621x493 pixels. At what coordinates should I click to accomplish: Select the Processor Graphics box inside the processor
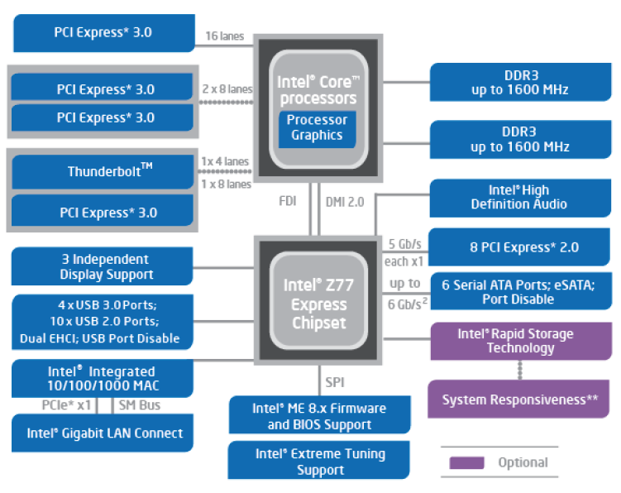click(318, 127)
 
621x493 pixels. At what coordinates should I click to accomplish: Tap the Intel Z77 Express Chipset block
click(317, 304)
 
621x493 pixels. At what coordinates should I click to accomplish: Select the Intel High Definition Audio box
click(519, 197)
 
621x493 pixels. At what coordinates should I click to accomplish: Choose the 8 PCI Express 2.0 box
click(519, 247)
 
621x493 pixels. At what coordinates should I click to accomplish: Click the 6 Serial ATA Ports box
click(519, 291)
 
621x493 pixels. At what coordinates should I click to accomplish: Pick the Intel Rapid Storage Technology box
click(519, 341)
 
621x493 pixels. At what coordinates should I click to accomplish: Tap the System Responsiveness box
click(519, 400)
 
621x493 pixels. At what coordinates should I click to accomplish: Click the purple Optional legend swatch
click(466, 463)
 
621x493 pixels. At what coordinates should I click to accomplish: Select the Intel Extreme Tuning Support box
click(320, 462)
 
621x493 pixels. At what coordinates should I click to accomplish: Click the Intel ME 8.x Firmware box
click(319, 416)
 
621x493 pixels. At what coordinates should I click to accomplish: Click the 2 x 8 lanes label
click(227, 89)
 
